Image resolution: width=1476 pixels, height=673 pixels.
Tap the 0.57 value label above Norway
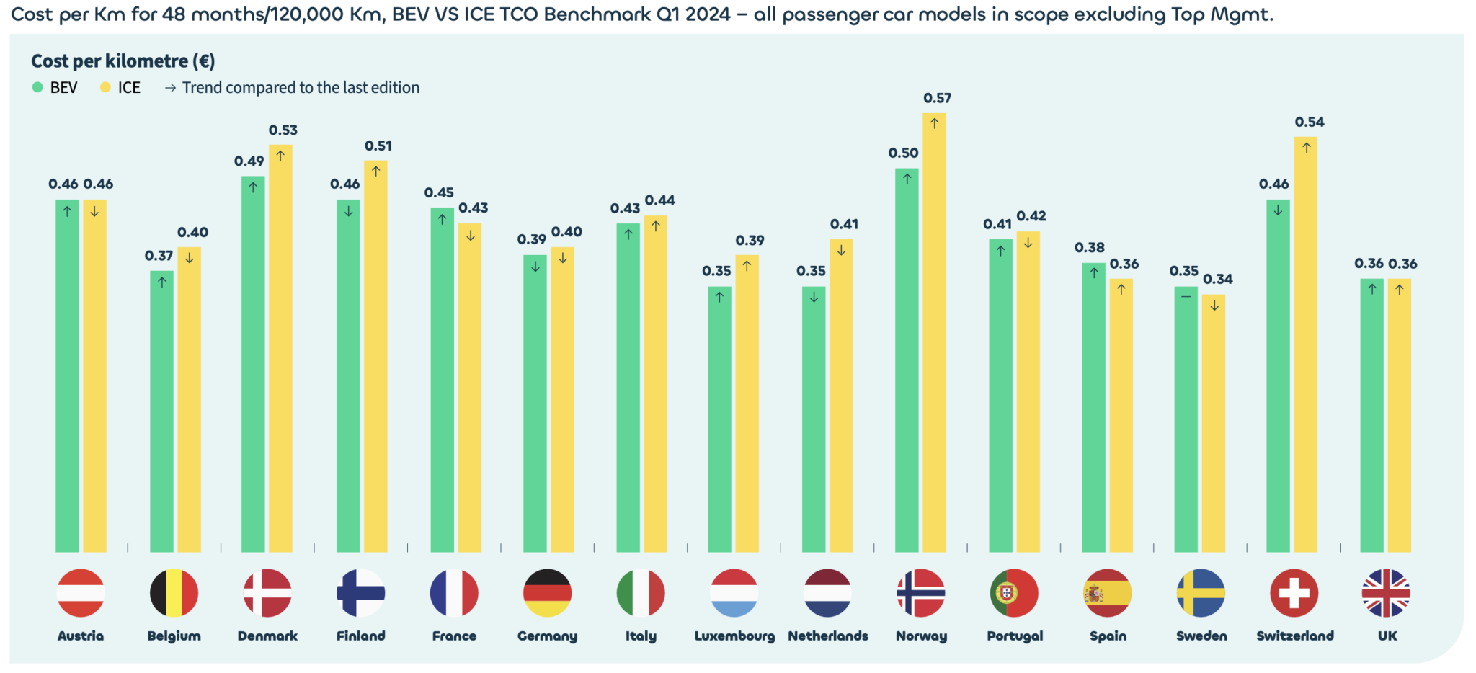pyautogui.click(x=937, y=98)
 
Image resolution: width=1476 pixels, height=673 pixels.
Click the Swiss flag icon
pyautogui.click(x=1294, y=593)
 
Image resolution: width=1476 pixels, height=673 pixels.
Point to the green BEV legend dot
pyautogui.click(x=37, y=87)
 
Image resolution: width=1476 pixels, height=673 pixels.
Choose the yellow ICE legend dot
pyautogui.click(x=105, y=87)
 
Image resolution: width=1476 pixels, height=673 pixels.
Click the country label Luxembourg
pyautogui.click(x=734, y=636)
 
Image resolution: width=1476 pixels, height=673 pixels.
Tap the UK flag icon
pyautogui.click(x=1386, y=593)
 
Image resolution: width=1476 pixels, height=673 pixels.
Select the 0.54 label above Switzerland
pyautogui.click(x=1310, y=122)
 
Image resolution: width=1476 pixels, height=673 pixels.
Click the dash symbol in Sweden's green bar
pyautogui.click(x=1186, y=296)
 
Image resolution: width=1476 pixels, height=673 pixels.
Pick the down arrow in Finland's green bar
pyautogui.click(x=348, y=211)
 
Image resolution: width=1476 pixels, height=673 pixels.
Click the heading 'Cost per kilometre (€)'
pyautogui.click(x=123, y=61)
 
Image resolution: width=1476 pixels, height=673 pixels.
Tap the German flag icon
pyautogui.click(x=547, y=593)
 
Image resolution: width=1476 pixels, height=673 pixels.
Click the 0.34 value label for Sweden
pyautogui.click(x=1218, y=279)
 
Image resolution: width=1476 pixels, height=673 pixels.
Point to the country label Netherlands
pyautogui.click(x=827, y=636)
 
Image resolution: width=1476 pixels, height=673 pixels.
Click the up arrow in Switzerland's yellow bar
pyautogui.click(x=1306, y=148)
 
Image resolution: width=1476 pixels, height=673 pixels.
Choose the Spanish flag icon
pyautogui.click(x=1108, y=593)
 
